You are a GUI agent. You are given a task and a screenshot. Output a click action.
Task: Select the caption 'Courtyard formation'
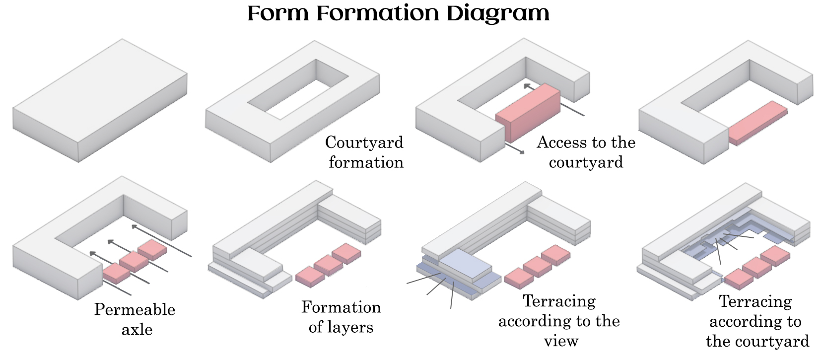click(x=365, y=152)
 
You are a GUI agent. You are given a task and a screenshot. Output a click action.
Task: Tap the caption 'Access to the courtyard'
click(x=586, y=152)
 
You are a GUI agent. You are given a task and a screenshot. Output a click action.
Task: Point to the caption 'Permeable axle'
click(x=135, y=319)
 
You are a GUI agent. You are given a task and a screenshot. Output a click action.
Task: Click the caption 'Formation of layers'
click(x=341, y=317)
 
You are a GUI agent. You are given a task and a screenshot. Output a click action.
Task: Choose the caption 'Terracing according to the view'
click(x=559, y=321)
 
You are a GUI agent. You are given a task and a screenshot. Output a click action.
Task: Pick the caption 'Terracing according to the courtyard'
click(x=756, y=321)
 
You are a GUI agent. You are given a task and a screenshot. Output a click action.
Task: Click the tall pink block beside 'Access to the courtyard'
click(x=529, y=112)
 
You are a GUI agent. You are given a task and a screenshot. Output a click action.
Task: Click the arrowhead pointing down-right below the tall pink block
click(x=522, y=152)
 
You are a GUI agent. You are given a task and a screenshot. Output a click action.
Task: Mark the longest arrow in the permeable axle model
click(x=161, y=241)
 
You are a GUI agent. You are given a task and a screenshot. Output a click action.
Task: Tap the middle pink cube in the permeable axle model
click(x=134, y=261)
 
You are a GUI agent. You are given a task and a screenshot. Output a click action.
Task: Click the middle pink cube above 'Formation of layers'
click(x=328, y=264)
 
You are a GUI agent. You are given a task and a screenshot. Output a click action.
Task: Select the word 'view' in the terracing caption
click(x=561, y=341)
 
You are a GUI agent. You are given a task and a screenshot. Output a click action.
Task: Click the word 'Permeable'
click(x=135, y=309)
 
